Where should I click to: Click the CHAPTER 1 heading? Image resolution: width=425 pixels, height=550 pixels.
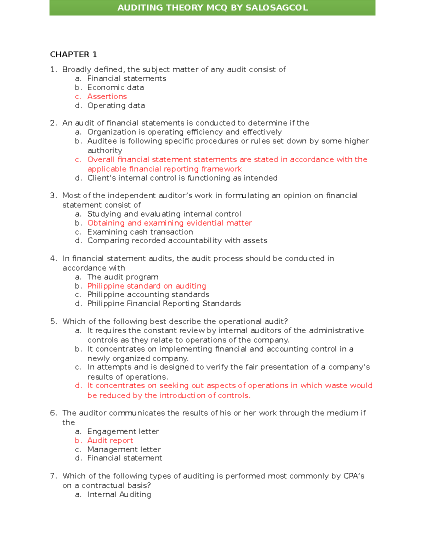click(x=73, y=55)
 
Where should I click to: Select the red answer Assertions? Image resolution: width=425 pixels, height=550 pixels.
click(x=107, y=97)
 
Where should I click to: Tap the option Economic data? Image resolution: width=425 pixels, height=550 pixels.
click(x=115, y=87)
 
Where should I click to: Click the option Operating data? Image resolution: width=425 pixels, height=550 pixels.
click(x=116, y=106)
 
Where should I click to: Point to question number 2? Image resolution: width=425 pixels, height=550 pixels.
click(x=53, y=123)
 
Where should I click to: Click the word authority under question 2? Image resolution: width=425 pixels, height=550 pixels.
click(x=104, y=151)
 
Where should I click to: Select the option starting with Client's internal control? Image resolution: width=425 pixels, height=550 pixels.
click(x=182, y=178)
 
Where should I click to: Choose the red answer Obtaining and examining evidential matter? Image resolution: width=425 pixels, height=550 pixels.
click(x=169, y=223)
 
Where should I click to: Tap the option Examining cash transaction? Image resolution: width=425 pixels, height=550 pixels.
click(x=140, y=232)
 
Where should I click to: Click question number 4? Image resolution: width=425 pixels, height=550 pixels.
click(x=53, y=259)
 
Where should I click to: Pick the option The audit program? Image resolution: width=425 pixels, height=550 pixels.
click(x=123, y=277)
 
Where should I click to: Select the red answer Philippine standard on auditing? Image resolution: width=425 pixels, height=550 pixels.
click(x=146, y=286)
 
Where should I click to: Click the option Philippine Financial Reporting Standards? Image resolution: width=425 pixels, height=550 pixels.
click(x=164, y=304)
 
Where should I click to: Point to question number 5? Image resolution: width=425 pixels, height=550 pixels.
click(x=53, y=322)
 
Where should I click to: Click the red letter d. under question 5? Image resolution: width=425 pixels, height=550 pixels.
click(x=78, y=386)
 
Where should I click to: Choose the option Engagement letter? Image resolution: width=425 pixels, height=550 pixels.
click(x=123, y=431)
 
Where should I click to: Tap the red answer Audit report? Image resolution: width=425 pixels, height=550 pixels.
click(x=110, y=441)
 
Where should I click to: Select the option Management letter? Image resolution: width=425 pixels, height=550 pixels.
click(x=124, y=449)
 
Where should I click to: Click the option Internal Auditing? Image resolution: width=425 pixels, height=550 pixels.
click(x=119, y=494)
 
